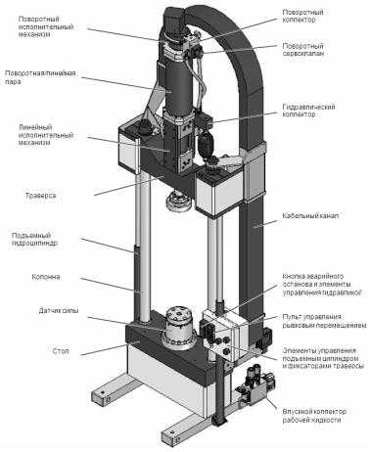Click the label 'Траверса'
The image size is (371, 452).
(x=41, y=196)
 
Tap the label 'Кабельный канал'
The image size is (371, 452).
(x=310, y=216)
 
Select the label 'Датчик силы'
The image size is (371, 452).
(x=59, y=311)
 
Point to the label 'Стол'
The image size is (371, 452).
(x=61, y=351)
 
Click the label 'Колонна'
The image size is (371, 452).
(x=46, y=277)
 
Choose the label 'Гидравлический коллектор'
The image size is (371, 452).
(x=308, y=111)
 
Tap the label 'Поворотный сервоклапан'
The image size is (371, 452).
(x=303, y=50)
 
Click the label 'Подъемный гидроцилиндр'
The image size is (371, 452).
(x=34, y=239)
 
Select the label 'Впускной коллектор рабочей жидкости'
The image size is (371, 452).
(x=314, y=416)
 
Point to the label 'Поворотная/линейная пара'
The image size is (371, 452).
(x=40, y=77)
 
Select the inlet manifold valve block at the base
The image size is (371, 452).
(x=256, y=384)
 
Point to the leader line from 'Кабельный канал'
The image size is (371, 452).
(x=265, y=223)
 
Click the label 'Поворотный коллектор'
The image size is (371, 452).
(x=302, y=16)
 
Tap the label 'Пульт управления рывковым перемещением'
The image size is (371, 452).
(x=324, y=321)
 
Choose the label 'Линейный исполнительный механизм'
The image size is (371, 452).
(x=46, y=135)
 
